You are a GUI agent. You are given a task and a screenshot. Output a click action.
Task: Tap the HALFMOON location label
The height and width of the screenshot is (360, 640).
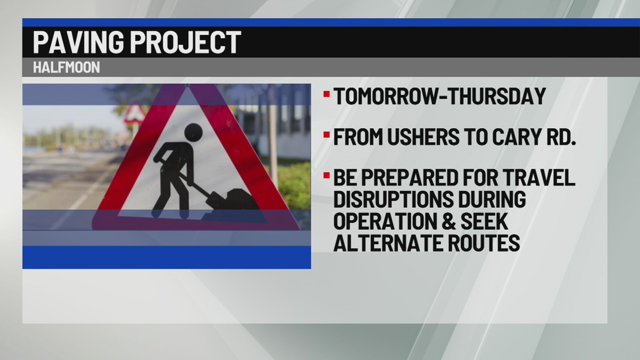(66, 67)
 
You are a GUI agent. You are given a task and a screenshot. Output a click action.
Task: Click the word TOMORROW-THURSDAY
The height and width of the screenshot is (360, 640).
(439, 96)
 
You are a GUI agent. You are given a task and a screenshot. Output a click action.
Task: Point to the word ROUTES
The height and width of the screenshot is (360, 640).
(485, 243)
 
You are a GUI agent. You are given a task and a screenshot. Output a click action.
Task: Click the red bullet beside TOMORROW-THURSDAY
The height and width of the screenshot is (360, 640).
(326, 93)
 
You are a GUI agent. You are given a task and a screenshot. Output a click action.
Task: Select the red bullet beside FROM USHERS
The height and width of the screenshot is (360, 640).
(326, 134)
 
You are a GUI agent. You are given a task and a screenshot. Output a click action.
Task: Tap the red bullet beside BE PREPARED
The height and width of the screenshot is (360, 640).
(326, 175)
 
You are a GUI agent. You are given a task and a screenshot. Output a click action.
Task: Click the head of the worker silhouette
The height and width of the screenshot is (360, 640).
(193, 132)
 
